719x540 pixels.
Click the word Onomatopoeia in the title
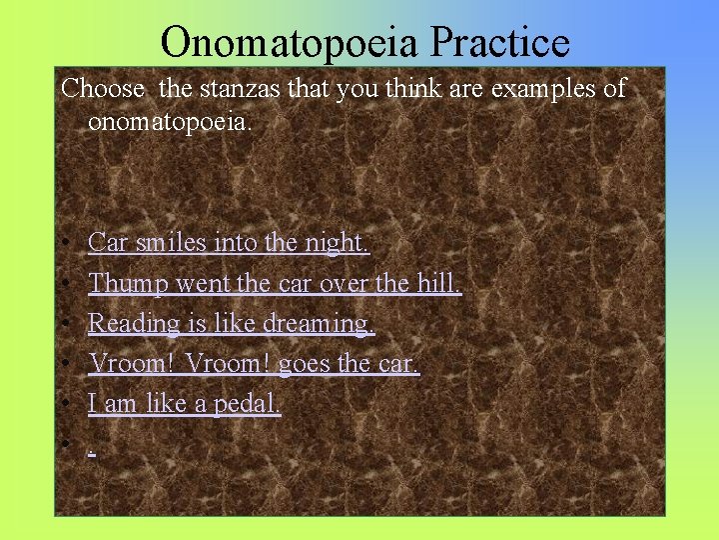click(291, 43)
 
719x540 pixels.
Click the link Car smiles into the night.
click(229, 242)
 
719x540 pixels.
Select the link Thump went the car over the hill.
click(275, 283)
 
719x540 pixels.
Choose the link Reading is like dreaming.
click(231, 323)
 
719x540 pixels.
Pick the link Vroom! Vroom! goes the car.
click(254, 363)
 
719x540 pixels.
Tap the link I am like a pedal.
click(185, 403)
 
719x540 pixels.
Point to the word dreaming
click(323, 323)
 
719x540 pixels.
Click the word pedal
click(250, 403)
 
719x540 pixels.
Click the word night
click(337, 242)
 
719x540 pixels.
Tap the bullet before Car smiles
click(62, 244)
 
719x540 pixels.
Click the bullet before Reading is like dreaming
click(62, 325)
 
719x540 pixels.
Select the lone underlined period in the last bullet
click(91, 448)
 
